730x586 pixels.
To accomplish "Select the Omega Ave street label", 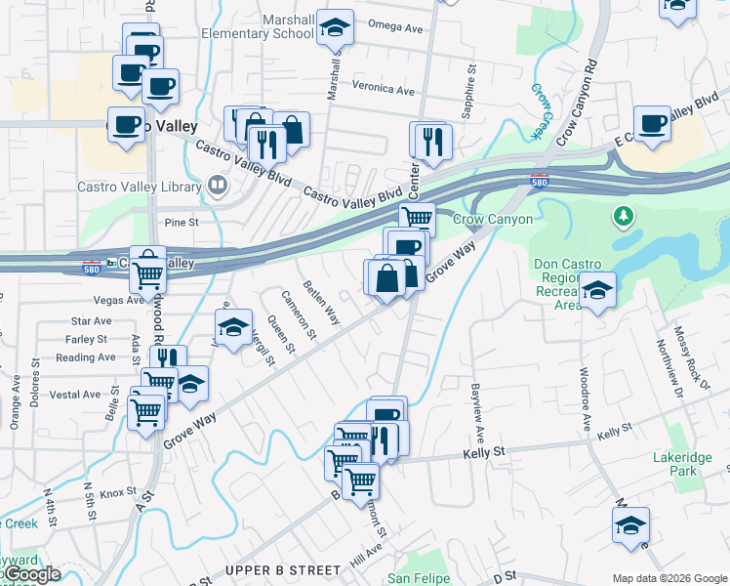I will (x=394, y=27).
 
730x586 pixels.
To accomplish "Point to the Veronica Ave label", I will (x=384, y=89).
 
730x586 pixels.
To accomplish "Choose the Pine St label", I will (x=182, y=223).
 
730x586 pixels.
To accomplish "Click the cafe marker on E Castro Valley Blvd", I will (x=652, y=124).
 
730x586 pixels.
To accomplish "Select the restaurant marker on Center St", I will (x=428, y=141).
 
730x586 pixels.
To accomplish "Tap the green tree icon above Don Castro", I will (x=620, y=214).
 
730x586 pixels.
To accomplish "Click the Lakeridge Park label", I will (x=676, y=463).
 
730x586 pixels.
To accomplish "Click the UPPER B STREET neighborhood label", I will (x=283, y=569).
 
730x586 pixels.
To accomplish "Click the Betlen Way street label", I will (x=321, y=304).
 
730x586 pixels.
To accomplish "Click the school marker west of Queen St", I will (x=233, y=329).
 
